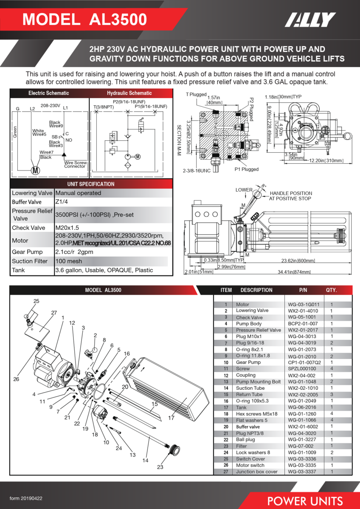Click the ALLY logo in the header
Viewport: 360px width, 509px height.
click(310, 20)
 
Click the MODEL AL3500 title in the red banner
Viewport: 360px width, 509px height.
click(85, 20)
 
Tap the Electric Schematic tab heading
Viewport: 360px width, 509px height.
click(48, 93)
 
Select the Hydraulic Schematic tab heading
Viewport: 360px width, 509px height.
click(129, 93)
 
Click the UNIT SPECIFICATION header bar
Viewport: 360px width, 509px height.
click(91, 184)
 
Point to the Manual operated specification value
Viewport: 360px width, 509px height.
click(78, 193)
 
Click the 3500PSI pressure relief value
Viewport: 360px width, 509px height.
click(94, 215)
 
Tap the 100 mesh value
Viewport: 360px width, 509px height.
click(68, 261)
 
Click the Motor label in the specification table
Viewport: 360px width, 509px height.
click(20, 241)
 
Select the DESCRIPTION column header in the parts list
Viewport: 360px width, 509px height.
click(256, 290)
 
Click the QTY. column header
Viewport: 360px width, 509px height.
click(332, 290)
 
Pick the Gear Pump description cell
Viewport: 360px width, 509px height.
click(248, 362)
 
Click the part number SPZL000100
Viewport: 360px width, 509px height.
click(302, 369)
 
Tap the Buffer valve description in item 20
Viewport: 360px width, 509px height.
click(248, 427)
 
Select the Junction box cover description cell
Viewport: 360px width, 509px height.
click(256, 472)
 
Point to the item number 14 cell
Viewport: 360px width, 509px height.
click(226, 388)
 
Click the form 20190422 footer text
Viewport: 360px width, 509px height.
click(26, 498)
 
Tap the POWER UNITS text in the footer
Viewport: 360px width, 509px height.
click(305, 501)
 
